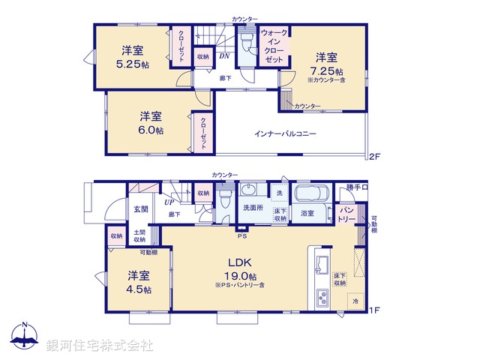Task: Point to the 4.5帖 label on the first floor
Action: click(x=139, y=289)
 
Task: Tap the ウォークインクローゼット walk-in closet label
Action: click(x=274, y=46)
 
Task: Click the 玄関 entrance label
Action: click(x=139, y=209)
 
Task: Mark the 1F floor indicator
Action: click(x=373, y=310)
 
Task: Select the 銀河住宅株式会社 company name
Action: click(x=100, y=345)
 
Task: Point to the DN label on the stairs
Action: click(x=224, y=56)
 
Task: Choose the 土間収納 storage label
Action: click(x=140, y=236)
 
